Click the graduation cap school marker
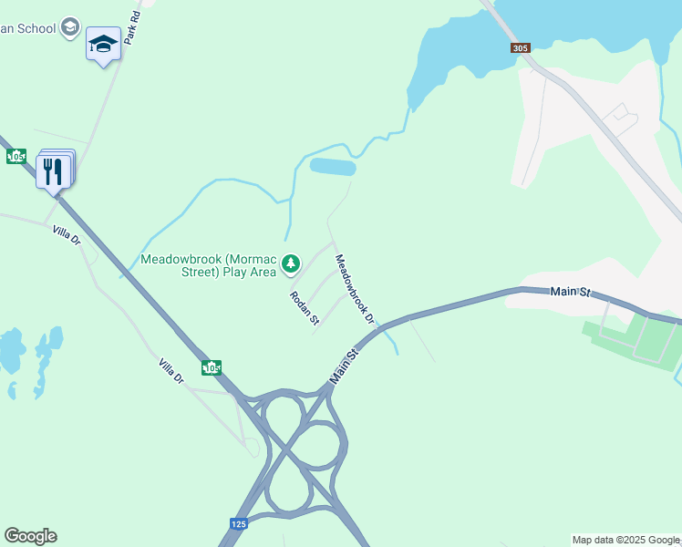[x=103, y=44]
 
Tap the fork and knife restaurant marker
[x=53, y=170]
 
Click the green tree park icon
[x=291, y=264]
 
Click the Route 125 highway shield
[x=238, y=523]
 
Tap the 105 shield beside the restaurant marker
[x=15, y=156]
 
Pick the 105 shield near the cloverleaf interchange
[x=212, y=367]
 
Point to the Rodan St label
[x=305, y=308]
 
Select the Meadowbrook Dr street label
[x=355, y=288]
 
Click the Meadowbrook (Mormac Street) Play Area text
[x=209, y=265]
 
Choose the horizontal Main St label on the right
[x=571, y=292]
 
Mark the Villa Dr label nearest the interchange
[x=170, y=370]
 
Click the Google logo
[x=30, y=536]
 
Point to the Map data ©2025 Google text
[x=625, y=540]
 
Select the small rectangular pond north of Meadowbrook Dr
[x=333, y=167]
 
